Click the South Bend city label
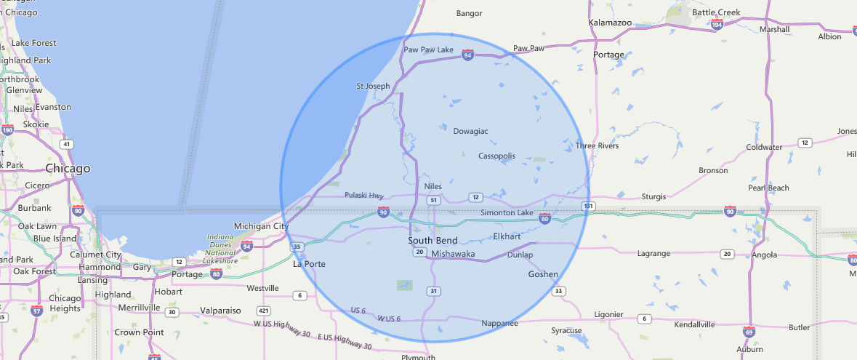(x=432, y=241)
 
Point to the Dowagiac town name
(x=470, y=131)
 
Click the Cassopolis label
(x=496, y=156)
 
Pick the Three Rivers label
(x=597, y=145)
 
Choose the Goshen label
(x=543, y=274)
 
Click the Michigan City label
(x=261, y=226)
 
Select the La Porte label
(x=309, y=264)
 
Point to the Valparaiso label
(x=220, y=311)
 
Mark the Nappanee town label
(x=500, y=322)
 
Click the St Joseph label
(x=373, y=86)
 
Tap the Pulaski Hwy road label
(x=364, y=195)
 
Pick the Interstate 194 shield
(x=717, y=25)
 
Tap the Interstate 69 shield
(x=749, y=332)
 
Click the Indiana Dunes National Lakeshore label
(x=220, y=248)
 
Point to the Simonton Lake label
(x=507, y=212)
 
